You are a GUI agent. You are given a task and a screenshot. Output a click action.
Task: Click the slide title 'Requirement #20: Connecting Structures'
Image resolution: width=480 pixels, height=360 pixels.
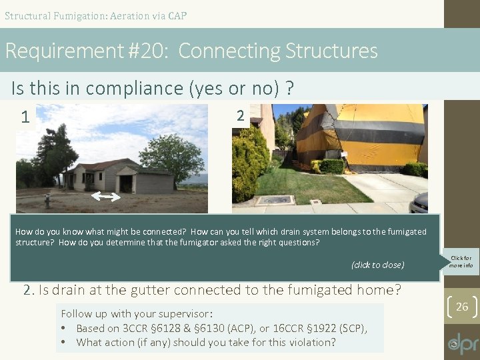click(191, 51)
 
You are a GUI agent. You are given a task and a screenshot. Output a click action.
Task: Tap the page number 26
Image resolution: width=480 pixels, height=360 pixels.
click(462, 307)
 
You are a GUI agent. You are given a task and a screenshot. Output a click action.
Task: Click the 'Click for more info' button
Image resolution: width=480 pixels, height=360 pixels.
click(461, 261)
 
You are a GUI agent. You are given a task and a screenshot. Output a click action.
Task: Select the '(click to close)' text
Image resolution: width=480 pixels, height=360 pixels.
click(377, 265)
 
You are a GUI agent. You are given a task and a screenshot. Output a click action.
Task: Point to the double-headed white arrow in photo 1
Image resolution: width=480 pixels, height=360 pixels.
click(105, 196)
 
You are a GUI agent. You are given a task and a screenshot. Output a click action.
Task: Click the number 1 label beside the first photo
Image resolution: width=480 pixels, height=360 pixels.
click(25, 118)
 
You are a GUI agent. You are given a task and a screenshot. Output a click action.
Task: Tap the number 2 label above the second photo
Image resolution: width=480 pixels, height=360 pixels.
click(240, 116)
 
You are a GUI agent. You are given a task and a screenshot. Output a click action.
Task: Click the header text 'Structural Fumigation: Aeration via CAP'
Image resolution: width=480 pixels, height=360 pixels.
click(95, 15)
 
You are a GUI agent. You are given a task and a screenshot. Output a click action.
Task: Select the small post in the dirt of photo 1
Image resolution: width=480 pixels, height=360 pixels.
click(47, 199)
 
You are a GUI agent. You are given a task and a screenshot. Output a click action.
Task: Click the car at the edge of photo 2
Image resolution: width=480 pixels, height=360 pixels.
click(419, 201)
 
